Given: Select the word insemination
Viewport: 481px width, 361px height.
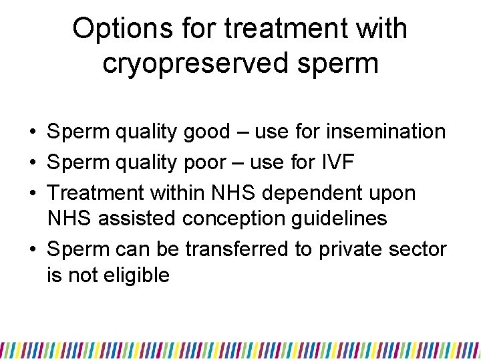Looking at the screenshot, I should [x=386, y=132].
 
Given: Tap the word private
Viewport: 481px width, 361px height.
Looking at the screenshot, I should [x=352, y=249].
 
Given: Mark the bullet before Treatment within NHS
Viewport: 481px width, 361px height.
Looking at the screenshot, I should [x=33, y=194].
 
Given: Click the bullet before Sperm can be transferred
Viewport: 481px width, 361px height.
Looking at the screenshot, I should [x=33, y=250].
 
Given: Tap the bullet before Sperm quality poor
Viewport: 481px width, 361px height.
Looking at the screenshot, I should [x=33, y=163].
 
